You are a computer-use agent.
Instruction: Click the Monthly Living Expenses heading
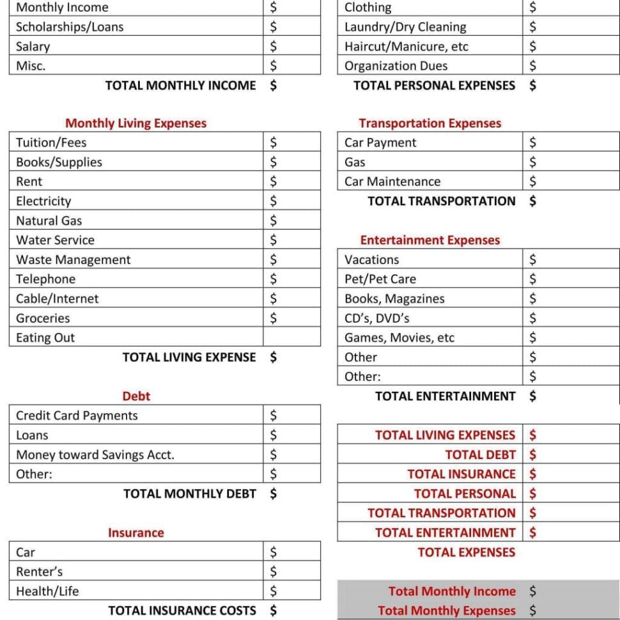pyautogui.click(x=136, y=123)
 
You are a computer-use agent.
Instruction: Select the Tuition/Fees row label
pyautogui.click(x=51, y=143)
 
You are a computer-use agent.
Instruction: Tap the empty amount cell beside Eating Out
pyautogui.click(x=291, y=337)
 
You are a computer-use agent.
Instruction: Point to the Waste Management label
pyautogui.click(x=73, y=260)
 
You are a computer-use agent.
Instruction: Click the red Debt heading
pyautogui.click(x=136, y=396)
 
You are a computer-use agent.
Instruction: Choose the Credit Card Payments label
pyautogui.click(x=77, y=415)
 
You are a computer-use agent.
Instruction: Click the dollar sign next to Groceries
pyautogui.click(x=274, y=318)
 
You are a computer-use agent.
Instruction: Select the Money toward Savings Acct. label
pyautogui.click(x=95, y=454)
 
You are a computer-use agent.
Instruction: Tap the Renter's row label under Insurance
pyautogui.click(x=39, y=571)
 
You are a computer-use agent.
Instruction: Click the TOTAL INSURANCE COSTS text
pyautogui.click(x=182, y=610)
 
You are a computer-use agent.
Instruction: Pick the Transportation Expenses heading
pyautogui.click(x=430, y=123)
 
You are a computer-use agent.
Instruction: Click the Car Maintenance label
pyautogui.click(x=392, y=182)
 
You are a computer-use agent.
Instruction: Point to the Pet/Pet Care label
pyautogui.click(x=380, y=279)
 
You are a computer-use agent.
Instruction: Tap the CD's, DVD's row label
pyautogui.click(x=376, y=318)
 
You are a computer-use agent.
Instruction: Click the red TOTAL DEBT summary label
pyautogui.click(x=480, y=454)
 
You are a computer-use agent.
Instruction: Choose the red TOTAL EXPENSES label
pyautogui.click(x=466, y=552)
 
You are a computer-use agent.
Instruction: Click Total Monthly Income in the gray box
pyautogui.click(x=451, y=591)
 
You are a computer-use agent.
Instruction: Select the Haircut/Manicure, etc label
pyautogui.click(x=406, y=46)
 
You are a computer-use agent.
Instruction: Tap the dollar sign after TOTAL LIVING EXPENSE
pyautogui.click(x=274, y=357)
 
